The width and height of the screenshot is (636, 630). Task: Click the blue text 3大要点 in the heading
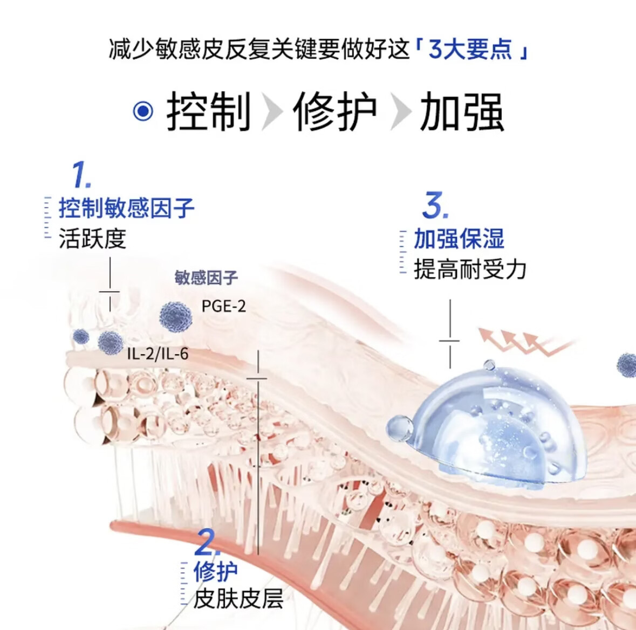click(470, 50)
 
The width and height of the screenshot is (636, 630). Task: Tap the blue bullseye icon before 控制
click(143, 112)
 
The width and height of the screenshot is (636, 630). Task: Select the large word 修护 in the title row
click(335, 112)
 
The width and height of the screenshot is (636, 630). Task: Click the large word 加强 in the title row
click(462, 112)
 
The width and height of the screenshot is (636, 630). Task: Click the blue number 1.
click(81, 175)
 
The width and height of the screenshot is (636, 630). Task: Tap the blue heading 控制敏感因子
click(127, 208)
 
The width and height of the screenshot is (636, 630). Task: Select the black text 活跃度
click(92, 238)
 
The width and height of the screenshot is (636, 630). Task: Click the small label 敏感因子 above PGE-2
click(206, 278)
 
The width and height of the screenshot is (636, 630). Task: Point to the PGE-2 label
click(223, 306)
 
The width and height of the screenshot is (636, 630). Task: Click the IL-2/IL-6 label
click(158, 354)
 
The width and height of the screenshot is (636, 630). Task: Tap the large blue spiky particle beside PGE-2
click(176, 316)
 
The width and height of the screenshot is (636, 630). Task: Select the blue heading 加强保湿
click(459, 239)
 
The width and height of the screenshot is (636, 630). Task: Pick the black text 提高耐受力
click(470, 269)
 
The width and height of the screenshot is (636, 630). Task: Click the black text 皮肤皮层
click(238, 598)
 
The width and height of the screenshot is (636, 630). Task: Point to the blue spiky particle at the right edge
click(627, 364)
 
